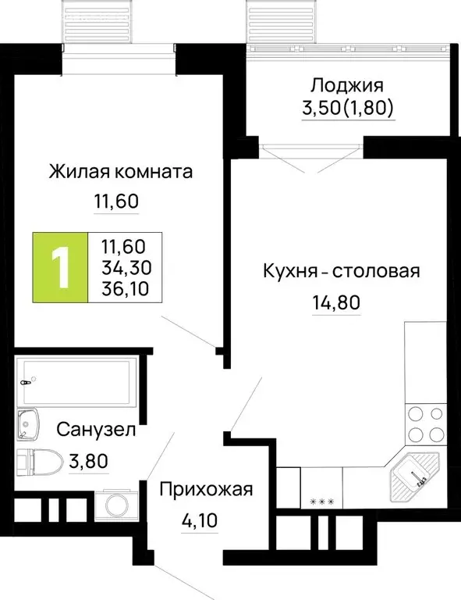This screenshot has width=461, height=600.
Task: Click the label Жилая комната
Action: (x=120, y=171)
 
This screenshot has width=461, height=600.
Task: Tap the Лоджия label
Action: (x=349, y=84)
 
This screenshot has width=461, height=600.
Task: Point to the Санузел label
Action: (x=97, y=429)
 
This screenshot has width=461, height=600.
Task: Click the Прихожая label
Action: (x=207, y=490)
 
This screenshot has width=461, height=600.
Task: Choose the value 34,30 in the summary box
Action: (x=126, y=268)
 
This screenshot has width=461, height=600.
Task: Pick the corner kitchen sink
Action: (x=413, y=473)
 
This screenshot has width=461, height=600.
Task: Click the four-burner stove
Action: (x=424, y=426)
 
